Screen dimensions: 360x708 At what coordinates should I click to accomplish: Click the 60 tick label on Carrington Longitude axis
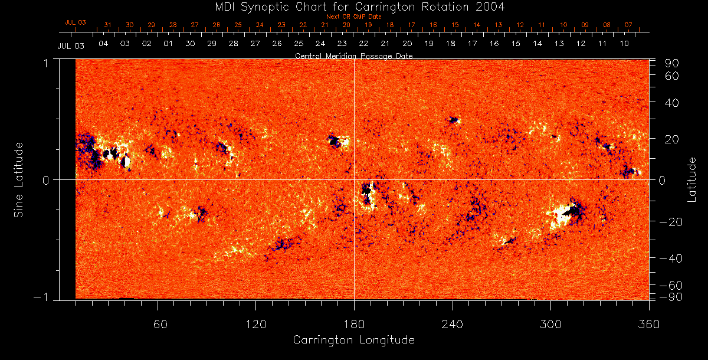160,324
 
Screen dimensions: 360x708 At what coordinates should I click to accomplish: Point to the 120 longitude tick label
255,324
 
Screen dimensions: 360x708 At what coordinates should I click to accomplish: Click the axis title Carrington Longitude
353,340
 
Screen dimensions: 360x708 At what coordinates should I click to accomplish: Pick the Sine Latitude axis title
19,179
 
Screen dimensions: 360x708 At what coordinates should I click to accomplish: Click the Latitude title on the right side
693,179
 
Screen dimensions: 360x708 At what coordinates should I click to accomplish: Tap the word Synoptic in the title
256,8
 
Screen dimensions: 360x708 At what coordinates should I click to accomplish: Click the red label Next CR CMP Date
353,17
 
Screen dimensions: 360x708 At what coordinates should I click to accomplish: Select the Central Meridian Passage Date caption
353,55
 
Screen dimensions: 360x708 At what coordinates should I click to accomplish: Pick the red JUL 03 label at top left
75,22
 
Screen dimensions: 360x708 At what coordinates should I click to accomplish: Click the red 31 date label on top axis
107,25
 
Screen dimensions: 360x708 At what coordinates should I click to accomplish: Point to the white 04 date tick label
103,44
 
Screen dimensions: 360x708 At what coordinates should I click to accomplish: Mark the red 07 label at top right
628,25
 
